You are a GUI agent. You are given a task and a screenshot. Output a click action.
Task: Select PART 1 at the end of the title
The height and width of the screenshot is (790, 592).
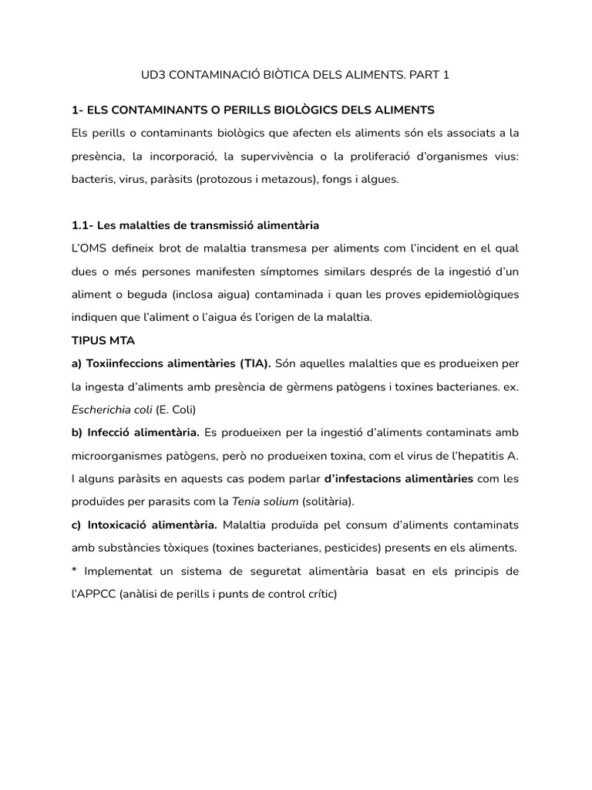[x=429, y=75]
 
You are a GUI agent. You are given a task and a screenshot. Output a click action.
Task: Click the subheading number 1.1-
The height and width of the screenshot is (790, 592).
[x=82, y=225]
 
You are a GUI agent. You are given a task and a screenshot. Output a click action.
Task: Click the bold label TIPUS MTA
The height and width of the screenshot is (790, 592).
[x=103, y=340]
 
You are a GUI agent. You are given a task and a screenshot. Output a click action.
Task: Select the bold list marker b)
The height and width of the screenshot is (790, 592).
[x=77, y=432]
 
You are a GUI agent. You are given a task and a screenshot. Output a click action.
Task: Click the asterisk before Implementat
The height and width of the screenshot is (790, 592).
[x=74, y=572]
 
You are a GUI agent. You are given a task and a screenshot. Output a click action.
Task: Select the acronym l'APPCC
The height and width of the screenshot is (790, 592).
[x=93, y=594]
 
